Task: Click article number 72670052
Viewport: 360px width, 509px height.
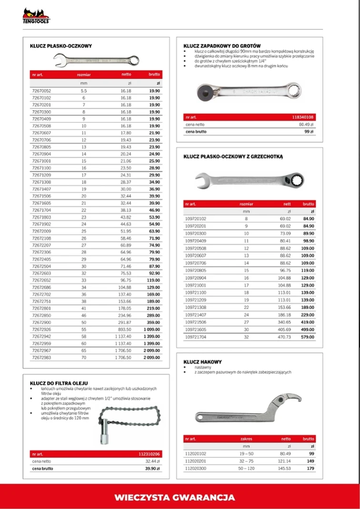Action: pyautogui.click(x=41, y=90)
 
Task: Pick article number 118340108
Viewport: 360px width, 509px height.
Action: pyautogui.click(x=303, y=117)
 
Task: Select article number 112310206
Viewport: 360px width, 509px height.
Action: pyautogui.click(x=149, y=454)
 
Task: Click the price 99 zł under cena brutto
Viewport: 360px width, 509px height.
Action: pyautogui.click(x=310, y=131)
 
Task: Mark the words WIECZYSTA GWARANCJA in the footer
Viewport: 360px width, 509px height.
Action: pyautogui.click(x=175, y=498)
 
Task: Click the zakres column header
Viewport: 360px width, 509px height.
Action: pyautogui.click(x=246, y=439)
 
